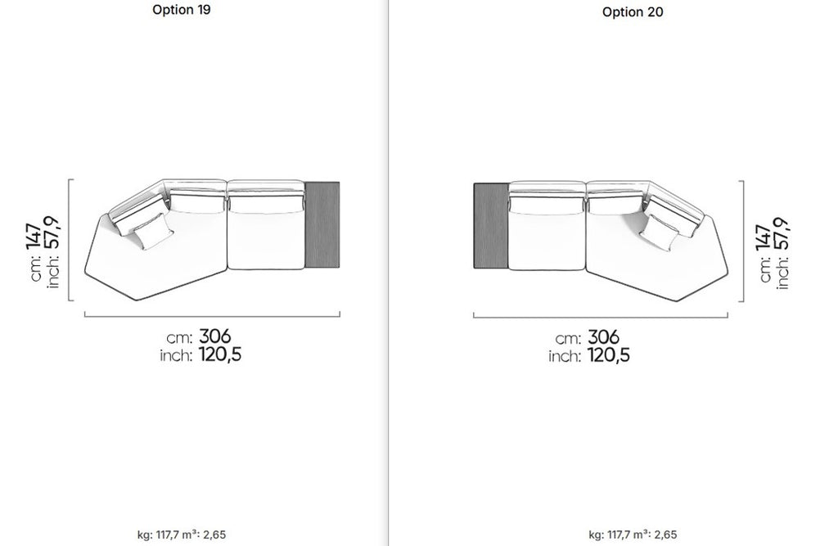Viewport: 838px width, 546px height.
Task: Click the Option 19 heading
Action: tap(181, 10)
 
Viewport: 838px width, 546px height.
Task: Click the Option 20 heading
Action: tap(633, 11)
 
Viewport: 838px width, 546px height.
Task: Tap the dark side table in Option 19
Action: tap(322, 224)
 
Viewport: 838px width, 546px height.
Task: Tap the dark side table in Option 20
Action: tap(491, 225)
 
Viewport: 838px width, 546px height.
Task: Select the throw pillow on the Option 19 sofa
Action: tap(153, 232)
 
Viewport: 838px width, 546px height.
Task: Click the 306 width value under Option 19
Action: tap(215, 336)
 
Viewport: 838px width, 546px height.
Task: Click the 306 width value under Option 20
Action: tap(603, 337)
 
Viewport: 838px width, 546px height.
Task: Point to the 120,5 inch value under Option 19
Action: tap(220, 354)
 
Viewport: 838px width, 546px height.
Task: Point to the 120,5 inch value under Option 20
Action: tap(609, 355)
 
